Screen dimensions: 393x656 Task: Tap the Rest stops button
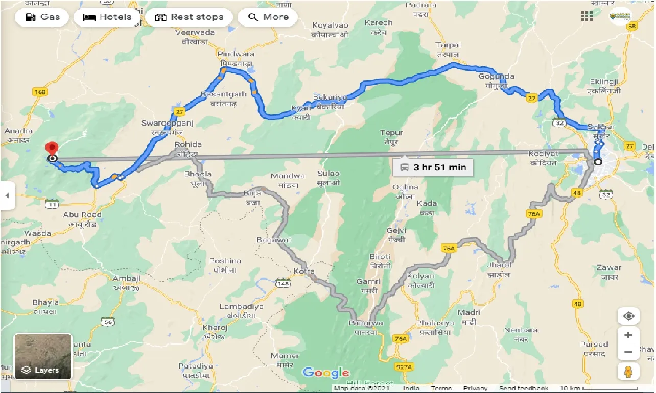click(189, 17)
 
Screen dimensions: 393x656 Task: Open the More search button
click(269, 17)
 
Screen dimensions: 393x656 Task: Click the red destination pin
click(52, 149)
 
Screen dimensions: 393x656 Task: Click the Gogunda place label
click(496, 77)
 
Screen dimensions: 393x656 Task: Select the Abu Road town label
click(82, 215)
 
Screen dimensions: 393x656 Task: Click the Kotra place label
click(304, 271)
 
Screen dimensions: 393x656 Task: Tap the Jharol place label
click(499, 265)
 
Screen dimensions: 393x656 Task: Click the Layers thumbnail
click(43, 356)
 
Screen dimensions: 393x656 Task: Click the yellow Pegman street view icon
click(628, 371)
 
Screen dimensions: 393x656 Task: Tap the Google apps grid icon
click(587, 16)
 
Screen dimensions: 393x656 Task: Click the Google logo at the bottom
click(325, 373)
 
